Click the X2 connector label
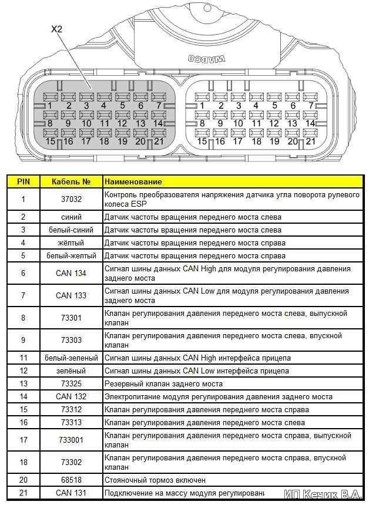pyautogui.click(x=57, y=28)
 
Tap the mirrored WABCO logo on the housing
pyautogui.click(x=204, y=59)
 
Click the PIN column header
pyautogui.click(x=23, y=182)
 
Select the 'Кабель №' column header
pyautogui.click(x=71, y=182)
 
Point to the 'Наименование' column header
pyautogui.click(x=133, y=182)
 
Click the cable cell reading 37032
pyautogui.click(x=71, y=199)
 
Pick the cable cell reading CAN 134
pyautogui.click(x=71, y=273)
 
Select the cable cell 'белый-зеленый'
pyautogui.click(x=71, y=358)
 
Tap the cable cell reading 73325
pyautogui.click(x=71, y=383)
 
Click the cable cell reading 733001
pyautogui.click(x=71, y=440)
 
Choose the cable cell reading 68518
pyautogui.click(x=71, y=479)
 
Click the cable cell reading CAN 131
pyautogui.click(x=71, y=492)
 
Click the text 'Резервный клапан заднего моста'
pyautogui.click(x=163, y=383)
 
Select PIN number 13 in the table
pyautogui.click(x=23, y=383)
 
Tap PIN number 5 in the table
pyautogui.click(x=23, y=255)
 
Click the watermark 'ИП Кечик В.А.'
pyautogui.click(x=323, y=494)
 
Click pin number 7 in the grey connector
pyautogui.click(x=159, y=106)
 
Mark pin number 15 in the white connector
pyautogui.click(x=202, y=142)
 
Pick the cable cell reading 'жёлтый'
pyautogui.click(x=71, y=243)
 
